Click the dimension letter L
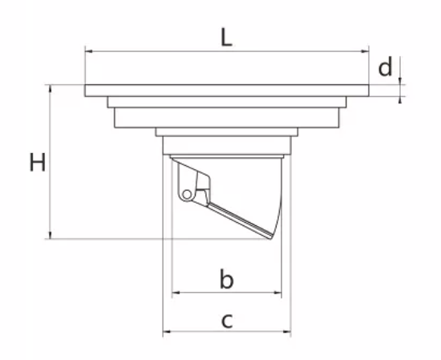[226, 37]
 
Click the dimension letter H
[38, 162]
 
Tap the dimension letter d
[385, 67]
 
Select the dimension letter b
[226, 279]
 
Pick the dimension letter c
[227, 321]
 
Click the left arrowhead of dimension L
[88, 51]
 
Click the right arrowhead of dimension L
[365, 51]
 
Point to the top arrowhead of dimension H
[51, 88]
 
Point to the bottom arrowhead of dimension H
[51, 235]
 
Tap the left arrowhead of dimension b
[176, 293]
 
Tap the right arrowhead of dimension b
[277, 293]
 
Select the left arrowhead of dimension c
[167, 332]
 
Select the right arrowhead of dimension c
[287, 332]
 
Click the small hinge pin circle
[187, 194]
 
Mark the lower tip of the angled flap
[271, 239]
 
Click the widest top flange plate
[227, 91]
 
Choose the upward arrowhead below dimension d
[400, 100]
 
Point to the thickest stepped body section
[227, 118]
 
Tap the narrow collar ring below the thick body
[227, 132]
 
